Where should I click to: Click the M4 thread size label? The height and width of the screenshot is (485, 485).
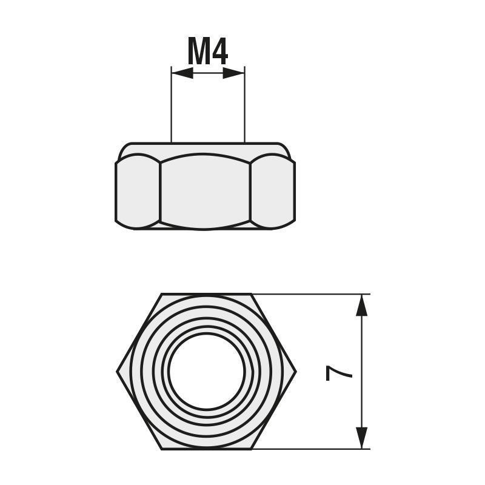coord(207,52)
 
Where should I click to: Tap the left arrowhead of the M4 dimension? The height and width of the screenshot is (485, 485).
coord(182,73)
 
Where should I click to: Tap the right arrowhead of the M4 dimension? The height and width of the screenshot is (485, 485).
coord(234,73)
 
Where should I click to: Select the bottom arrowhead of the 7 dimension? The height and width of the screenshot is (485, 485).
coord(362,438)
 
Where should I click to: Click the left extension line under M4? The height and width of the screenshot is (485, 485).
coord(172,109)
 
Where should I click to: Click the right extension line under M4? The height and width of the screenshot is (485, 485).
coord(244,109)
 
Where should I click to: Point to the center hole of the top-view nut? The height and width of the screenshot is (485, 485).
coord(207,371)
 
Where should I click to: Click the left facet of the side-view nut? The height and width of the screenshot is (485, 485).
coord(138,192)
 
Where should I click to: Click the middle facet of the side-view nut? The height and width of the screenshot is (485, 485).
coord(205,192)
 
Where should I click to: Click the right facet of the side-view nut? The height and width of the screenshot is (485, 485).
coord(272,192)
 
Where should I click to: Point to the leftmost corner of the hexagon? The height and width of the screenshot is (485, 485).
coord(118,372)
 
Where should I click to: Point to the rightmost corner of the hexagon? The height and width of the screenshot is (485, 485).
coord(295,372)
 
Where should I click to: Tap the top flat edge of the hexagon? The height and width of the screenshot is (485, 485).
coord(207,295)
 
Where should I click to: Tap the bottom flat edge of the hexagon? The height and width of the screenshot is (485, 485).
coord(207,449)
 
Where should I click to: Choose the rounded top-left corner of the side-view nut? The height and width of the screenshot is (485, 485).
coord(124,149)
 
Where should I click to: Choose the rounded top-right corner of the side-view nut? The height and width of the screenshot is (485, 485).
coord(286,149)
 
